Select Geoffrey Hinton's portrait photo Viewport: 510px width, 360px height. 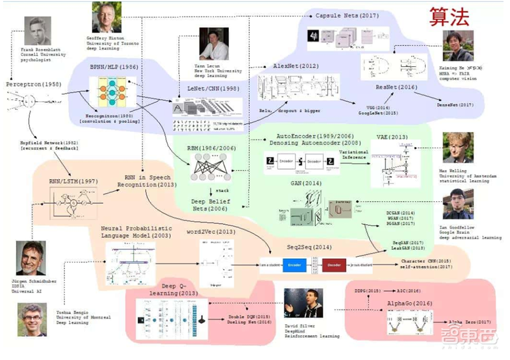105,17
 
